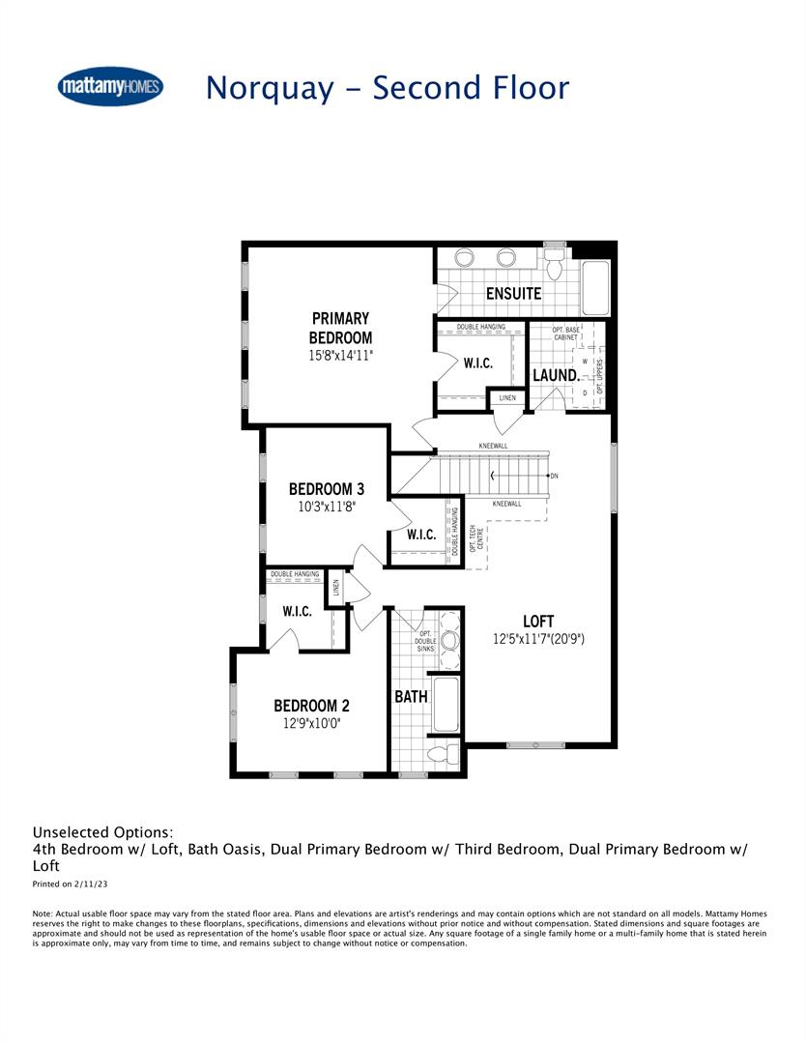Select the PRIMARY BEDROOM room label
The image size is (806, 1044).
tap(340, 328)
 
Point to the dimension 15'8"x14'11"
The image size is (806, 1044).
tap(340, 356)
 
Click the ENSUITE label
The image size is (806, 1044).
tap(513, 293)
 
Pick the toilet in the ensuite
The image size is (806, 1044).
tap(554, 262)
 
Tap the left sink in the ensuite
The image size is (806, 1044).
tap(464, 258)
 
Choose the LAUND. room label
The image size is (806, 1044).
tap(556, 374)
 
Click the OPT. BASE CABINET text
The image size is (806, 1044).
tap(566, 334)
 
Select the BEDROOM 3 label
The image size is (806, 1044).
tap(327, 489)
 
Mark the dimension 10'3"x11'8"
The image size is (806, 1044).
tap(327, 507)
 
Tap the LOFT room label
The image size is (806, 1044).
tap(538, 621)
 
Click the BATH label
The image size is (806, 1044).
tap(411, 696)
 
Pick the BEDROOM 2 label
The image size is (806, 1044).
tap(305, 706)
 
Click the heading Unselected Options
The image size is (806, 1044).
tap(103, 831)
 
